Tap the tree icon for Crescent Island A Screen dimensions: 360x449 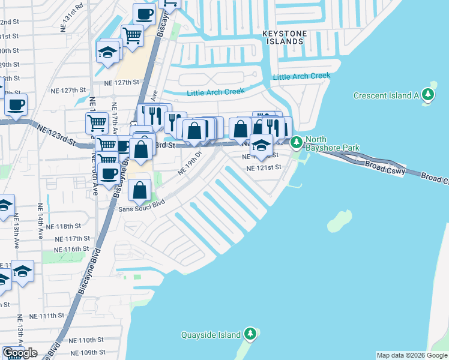click(427, 95)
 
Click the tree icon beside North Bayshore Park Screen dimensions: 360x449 click(297, 143)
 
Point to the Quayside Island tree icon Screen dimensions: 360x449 click(250, 334)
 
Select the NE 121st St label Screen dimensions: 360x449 click(264, 168)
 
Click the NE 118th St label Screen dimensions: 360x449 click(67, 226)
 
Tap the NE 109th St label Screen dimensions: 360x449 click(87, 352)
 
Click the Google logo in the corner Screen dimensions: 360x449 click(19, 353)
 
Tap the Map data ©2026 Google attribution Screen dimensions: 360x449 click(412, 355)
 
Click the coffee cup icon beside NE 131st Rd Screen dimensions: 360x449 click(143, 13)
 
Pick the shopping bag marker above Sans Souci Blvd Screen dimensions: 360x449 click(139, 190)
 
